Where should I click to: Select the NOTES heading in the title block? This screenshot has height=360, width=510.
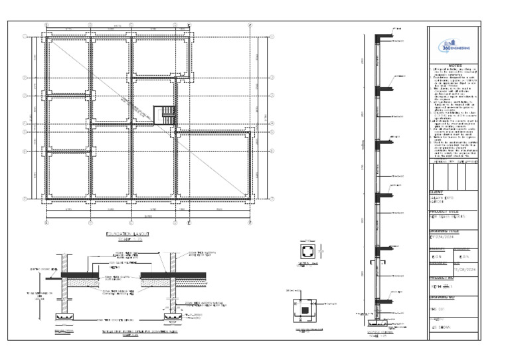(x=455, y=65)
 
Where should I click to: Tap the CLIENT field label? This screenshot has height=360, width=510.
(x=440, y=193)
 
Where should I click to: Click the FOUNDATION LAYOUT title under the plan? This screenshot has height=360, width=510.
(x=129, y=234)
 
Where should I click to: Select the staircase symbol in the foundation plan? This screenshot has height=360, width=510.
(x=164, y=115)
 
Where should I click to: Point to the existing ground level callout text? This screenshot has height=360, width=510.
(x=41, y=269)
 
